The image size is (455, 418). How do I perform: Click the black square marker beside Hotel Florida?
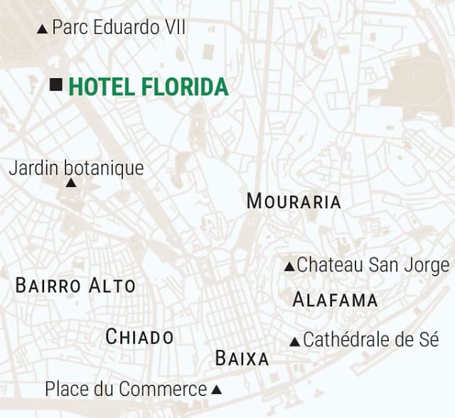click(x=56, y=85)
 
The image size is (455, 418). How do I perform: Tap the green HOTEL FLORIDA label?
click(x=148, y=87)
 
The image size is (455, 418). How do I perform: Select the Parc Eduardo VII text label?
click(x=119, y=28)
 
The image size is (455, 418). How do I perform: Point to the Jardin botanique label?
click(x=76, y=168)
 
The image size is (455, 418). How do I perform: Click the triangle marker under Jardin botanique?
click(x=71, y=183)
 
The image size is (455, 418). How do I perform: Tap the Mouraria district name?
click(x=294, y=201)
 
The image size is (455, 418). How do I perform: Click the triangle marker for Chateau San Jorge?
click(x=289, y=267)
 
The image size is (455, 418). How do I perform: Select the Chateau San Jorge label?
click(x=373, y=265)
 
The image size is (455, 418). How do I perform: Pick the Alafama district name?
click(x=335, y=300)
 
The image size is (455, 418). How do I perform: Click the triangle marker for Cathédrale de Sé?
click(x=295, y=342)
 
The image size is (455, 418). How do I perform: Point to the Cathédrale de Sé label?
click(x=370, y=340)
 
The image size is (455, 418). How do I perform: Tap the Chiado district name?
click(x=139, y=337)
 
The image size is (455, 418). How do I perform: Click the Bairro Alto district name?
click(x=75, y=286)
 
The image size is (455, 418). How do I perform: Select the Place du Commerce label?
click(x=126, y=389)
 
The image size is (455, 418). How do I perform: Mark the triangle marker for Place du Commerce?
click(x=217, y=390)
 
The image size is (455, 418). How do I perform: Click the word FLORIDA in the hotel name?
click(x=186, y=87)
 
